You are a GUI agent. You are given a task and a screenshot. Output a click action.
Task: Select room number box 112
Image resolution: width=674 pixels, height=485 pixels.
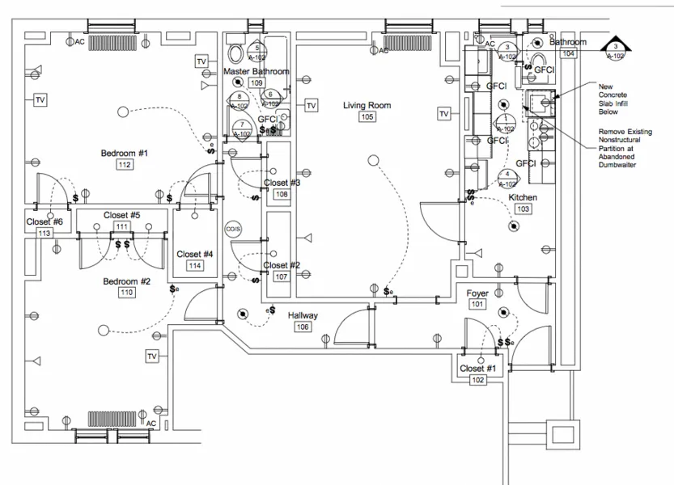coord(125,165)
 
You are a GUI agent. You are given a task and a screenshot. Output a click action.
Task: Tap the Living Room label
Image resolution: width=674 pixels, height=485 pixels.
coord(367,105)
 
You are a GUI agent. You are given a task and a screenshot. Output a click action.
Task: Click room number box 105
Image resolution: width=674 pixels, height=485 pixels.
coord(367,117)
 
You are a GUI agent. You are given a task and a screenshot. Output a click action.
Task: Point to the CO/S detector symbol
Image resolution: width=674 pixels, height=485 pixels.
coord(234,229)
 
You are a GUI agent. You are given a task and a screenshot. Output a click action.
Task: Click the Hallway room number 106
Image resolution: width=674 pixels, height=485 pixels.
coord(303,327)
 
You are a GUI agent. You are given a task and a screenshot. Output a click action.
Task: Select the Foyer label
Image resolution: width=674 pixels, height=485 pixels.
coord(477,293)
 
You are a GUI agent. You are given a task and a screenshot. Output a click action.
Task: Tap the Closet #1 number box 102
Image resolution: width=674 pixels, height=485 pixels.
coord(477,380)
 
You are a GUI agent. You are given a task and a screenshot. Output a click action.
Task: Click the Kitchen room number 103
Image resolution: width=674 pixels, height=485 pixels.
coord(523,209)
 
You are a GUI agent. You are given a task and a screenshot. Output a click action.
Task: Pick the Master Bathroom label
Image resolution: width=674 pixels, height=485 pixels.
coord(256,71)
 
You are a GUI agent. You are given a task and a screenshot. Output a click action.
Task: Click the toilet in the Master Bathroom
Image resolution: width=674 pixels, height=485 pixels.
coord(236,53)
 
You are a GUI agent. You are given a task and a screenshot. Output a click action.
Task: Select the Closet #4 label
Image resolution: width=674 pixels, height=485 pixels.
coord(194,254)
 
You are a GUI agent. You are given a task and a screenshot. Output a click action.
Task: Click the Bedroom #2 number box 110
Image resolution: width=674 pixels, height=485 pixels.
coord(126,293)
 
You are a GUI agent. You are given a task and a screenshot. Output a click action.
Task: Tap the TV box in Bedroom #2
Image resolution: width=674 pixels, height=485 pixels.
coord(151,356)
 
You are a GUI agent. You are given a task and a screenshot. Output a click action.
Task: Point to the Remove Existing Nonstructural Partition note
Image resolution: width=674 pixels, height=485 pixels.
coord(625,148)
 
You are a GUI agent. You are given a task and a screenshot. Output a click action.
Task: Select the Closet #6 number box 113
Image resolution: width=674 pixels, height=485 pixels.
coord(45,233)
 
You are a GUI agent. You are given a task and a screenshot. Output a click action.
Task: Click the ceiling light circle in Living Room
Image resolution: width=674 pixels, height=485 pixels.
coord(373,160)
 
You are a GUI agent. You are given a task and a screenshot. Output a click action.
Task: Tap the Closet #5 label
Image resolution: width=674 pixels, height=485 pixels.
coord(122,215)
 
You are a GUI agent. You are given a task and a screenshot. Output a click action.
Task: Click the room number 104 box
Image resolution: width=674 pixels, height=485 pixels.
coord(568,53)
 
